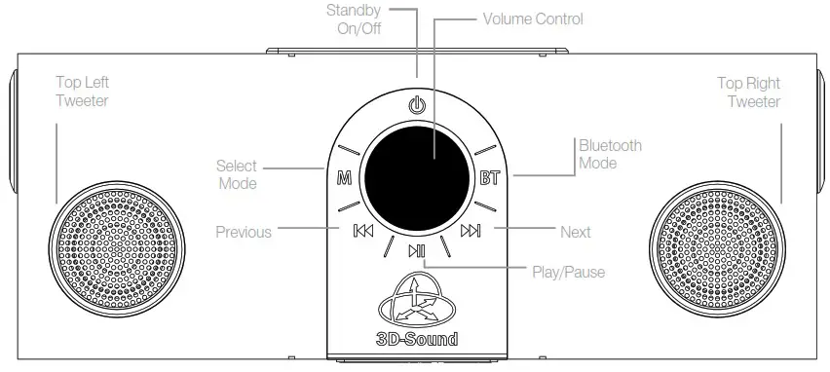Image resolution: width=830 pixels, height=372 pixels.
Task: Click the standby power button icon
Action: click(x=417, y=104)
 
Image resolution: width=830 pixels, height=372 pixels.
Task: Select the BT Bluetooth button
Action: click(x=489, y=177)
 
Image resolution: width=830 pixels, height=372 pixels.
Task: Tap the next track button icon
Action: click(x=471, y=232)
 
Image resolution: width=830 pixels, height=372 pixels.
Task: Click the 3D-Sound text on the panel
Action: click(x=417, y=340)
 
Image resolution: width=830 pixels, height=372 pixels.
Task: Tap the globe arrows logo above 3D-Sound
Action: click(x=417, y=302)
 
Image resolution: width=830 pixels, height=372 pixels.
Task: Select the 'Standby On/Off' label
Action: click(x=359, y=20)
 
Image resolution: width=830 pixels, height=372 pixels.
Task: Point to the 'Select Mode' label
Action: click(x=237, y=174)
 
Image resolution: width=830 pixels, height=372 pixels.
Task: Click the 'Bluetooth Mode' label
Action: click(x=610, y=154)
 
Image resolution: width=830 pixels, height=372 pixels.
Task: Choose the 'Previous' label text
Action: click(x=244, y=232)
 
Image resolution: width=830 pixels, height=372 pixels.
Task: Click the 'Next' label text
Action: click(x=576, y=232)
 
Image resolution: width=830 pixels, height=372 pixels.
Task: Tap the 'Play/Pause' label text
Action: click(x=567, y=272)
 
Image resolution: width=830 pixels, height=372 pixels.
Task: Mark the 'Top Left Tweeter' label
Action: click(x=82, y=93)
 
